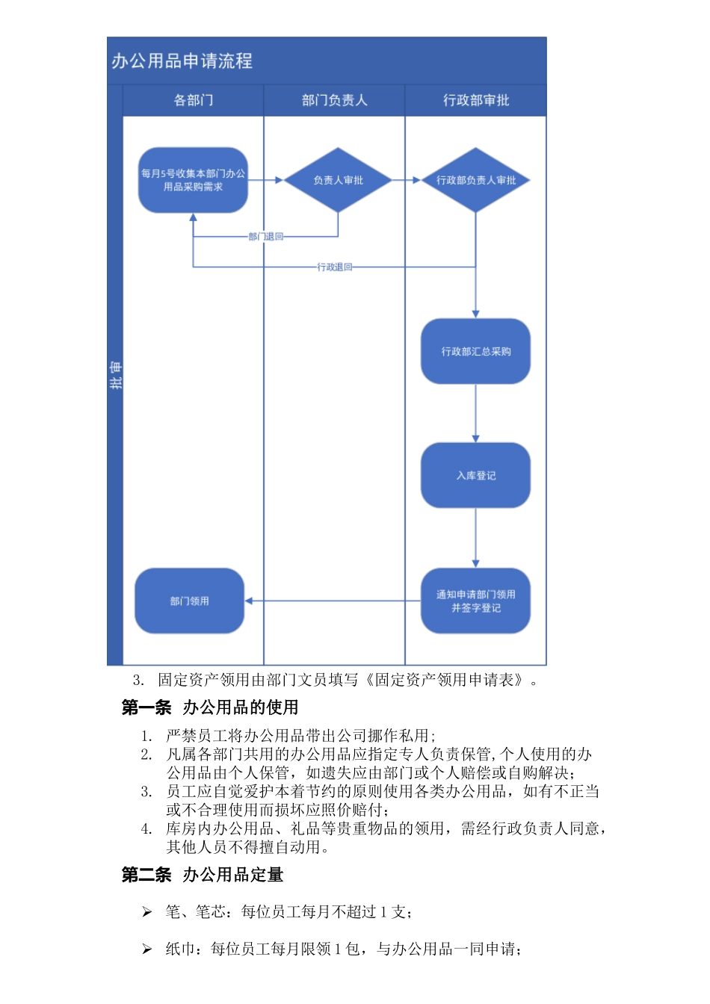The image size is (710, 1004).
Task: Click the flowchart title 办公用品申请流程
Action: point(182,61)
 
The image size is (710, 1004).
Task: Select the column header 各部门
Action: point(193,100)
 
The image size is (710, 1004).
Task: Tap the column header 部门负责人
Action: point(334,100)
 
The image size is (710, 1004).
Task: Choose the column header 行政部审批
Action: point(475,100)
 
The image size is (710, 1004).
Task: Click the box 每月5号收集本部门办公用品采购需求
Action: point(193,180)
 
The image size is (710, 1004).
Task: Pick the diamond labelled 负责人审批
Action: point(338,180)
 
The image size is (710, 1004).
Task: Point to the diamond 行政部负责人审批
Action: point(475,180)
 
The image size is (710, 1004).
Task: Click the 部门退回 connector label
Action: point(266,237)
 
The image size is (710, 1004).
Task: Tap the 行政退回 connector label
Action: point(334,267)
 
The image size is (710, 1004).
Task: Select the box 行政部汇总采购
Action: point(475,351)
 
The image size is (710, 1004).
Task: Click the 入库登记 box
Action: point(475,475)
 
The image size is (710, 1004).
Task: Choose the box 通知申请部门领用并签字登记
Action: point(475,601)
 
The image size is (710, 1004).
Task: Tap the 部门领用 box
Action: point(189,601)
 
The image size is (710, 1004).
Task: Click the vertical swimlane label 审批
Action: point(115,375)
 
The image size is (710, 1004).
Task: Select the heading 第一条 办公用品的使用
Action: point(210,707)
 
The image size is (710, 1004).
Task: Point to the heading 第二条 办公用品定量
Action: point(203,874)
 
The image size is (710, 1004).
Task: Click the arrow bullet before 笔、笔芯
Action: point(147,911)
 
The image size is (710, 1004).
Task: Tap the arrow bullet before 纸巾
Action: point(147,949)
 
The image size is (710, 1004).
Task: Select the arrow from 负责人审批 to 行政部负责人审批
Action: point(406,180)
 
